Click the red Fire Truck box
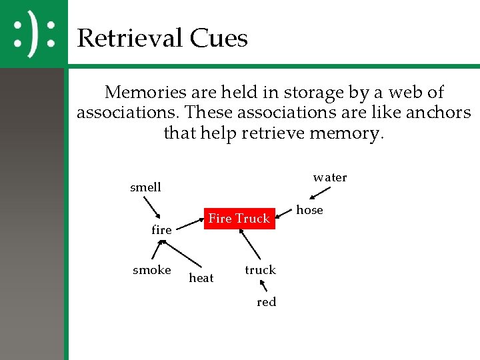pos(239,218)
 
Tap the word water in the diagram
pos(330,177)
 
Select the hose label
pos(309,210)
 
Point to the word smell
pos(145,187)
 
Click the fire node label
pos(161,230)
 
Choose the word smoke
pos(152,270)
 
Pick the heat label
pos(201,278)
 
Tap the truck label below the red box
pos(260,270)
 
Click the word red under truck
pos(266,302)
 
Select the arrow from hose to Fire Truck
pos(284,217)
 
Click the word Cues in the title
pos(219,38)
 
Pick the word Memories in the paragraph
pos(145,92)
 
